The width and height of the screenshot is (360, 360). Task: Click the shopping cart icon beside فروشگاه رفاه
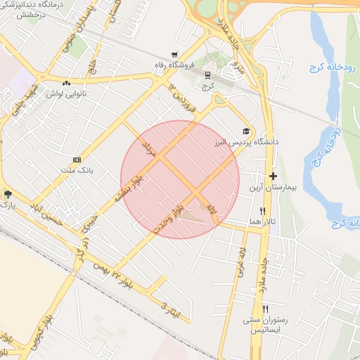pyautogui.click(x=174, y=55)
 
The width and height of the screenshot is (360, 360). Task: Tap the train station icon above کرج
pyautogui.click(x=207, y=75)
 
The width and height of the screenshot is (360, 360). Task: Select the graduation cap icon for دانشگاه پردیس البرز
pyautogui.click(x=246, y=131)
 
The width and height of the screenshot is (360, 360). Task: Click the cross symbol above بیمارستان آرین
pyautogui.click(x=274, y=176)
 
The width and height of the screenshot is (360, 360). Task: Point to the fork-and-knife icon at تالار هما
pyautogui.click(x=263, y=210)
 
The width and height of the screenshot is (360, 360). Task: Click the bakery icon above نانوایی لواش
pyautogui.click(x=67, y=82)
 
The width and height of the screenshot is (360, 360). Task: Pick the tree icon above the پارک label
pyautogui.click(x=8, y=193)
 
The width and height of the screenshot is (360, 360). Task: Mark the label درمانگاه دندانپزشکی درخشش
pyautogui.click(x=29, y=8)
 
